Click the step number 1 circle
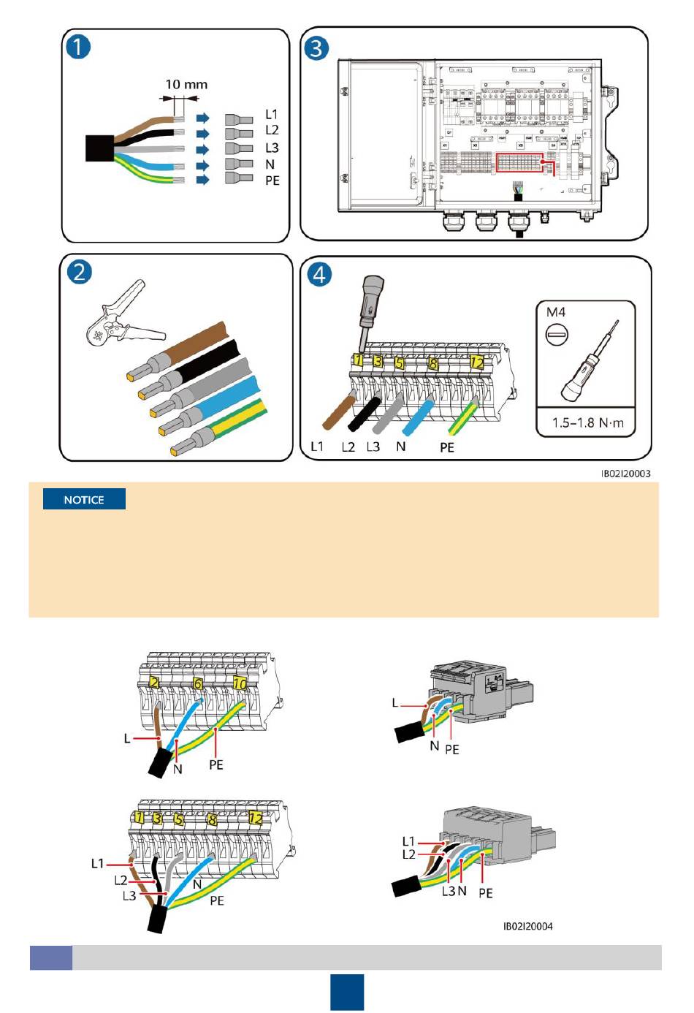[79, 48]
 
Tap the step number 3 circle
[316, 48]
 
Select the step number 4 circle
[319, 275]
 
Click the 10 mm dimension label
[186, 85]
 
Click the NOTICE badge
[84, 500]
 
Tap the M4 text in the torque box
[557, 312]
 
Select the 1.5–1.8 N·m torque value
[588, 422]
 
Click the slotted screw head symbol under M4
[557, 336]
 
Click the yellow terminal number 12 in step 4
[477, 363]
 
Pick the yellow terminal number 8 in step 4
[433, 363]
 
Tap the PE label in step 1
[272, 181]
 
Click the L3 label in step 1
[272, 148]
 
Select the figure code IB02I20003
[625, 474]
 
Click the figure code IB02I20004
[528, 927]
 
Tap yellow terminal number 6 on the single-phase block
[198, 684]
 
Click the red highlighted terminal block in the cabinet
[520, 163]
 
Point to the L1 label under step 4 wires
[317, 447]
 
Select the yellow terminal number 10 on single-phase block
[240, 684]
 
